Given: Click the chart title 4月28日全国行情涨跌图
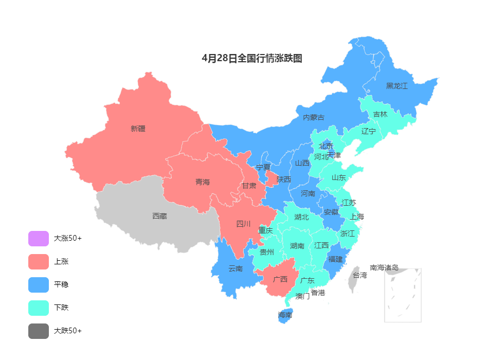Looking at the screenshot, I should pos(252,58).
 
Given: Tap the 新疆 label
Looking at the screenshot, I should pos(138,129).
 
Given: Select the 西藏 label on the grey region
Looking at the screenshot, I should pos(159,216).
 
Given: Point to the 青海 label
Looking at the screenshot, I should pos(203,182).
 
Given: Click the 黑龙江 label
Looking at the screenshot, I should pos(397,86).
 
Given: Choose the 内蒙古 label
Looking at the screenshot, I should pos(313,117).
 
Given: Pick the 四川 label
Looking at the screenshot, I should pos(243,224).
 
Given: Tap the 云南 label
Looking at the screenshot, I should pos(236,268).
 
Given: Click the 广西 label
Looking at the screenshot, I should pos(280,279).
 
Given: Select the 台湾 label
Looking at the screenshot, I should pos(359,275).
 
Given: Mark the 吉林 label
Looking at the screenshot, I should pos(380,114).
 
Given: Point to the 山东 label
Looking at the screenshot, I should pos(338,177).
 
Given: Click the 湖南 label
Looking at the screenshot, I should pos(297,246).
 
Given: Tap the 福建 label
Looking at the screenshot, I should pos(335,259).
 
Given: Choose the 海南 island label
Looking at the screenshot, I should pos(285,315).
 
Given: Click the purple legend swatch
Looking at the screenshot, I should pos(39,239).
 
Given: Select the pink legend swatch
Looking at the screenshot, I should pos(39,262).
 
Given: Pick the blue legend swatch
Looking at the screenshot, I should pos(39,285).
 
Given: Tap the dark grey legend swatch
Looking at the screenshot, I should pos(39,331).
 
